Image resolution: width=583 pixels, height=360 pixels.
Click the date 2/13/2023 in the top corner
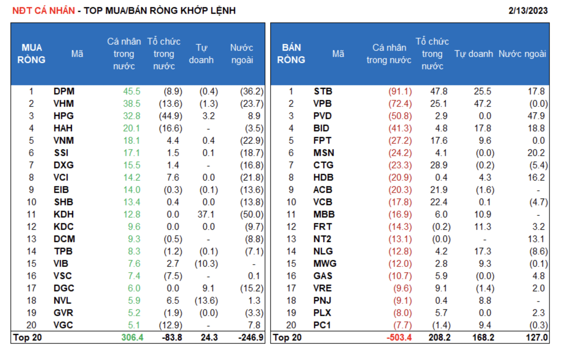(x=528, y=11)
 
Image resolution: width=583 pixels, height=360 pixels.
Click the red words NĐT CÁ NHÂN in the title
(x=43, y=11)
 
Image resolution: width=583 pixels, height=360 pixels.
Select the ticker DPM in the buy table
(x=64, y=91)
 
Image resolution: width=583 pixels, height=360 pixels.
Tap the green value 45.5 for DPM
(x=131, y=91)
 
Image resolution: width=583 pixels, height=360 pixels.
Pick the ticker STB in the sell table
(x=323, y=91)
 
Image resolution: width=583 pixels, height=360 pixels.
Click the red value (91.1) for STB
(x=400, y=91)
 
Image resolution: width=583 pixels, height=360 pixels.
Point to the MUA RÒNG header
(x=31, y=54)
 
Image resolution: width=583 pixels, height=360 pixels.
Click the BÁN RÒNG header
(x=291, y=54)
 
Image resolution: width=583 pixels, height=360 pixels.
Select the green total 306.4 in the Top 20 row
(x=132, y=338)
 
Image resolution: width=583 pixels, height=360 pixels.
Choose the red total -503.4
(x=399, y=338)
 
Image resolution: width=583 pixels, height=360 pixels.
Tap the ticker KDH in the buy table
(x=64, y=214)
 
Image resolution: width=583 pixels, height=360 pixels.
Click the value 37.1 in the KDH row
(x=206, y=214)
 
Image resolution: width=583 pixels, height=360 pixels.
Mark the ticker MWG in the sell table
(x=325, y=264)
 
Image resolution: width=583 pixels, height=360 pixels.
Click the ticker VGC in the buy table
(x=63, y=325)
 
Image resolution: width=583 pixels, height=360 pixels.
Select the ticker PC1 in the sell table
(x=322, y=325)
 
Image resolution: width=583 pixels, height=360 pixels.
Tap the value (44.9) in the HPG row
(x=171, y=116)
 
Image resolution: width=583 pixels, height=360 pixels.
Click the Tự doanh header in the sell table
(x=473, y=54)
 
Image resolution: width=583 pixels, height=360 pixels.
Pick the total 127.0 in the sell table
(x=537, y=338)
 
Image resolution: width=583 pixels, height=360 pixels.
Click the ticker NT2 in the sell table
(x=322, y=239)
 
